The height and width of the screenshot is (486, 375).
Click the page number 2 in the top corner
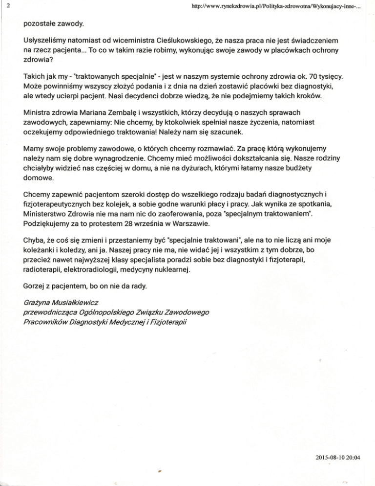[3, 5]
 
